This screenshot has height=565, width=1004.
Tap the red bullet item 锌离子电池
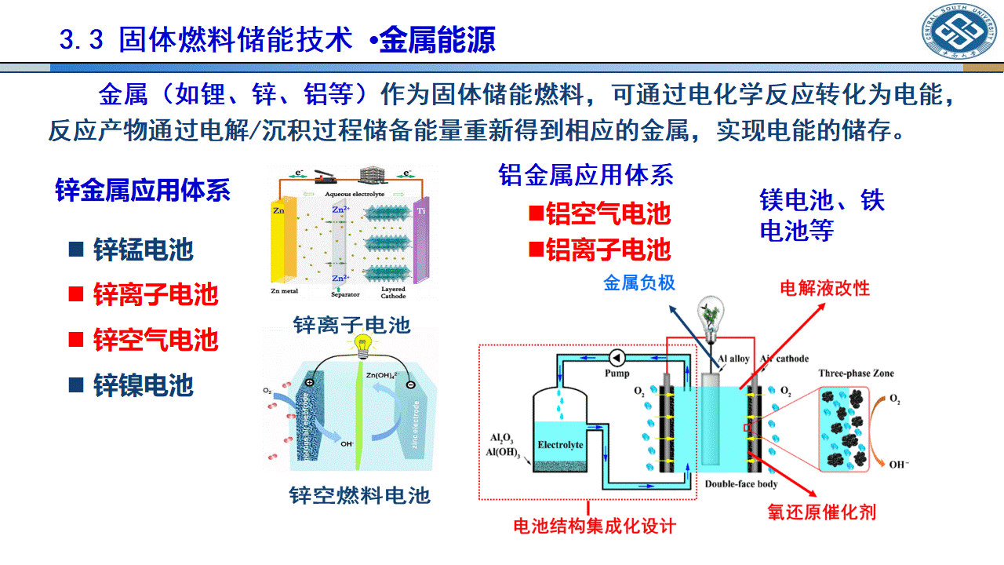155,295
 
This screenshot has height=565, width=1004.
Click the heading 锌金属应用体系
143,190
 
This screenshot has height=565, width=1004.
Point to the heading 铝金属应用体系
586,174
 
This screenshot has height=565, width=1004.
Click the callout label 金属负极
638,282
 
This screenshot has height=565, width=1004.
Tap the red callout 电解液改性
824,288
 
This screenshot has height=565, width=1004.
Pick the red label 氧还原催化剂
821,512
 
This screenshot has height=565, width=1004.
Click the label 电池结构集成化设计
594,525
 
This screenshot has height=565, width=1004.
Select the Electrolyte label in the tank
560,445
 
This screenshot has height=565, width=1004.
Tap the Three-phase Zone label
856,373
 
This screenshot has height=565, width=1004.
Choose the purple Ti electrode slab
421,247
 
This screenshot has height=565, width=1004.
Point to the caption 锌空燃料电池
359,495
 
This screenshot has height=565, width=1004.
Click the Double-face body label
741,484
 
